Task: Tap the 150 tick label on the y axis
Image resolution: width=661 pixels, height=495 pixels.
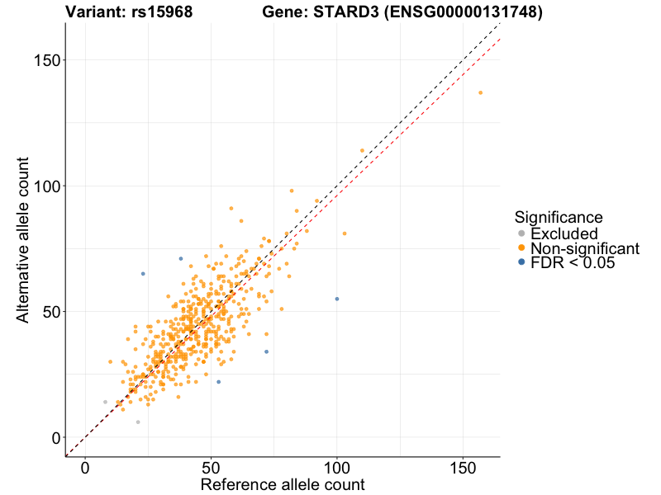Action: point(45,61)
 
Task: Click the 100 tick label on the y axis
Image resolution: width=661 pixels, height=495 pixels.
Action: point(45,186)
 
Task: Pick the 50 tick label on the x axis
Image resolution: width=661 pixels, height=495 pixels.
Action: point(211,468)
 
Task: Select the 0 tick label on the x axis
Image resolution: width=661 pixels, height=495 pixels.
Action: point(86,468)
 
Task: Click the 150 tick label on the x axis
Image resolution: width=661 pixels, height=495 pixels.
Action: point(462,468)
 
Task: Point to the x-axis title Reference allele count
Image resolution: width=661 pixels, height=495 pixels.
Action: point(283,484)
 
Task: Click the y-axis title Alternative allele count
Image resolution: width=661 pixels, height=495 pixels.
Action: point(24,239)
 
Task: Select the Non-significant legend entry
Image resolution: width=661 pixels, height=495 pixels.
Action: point(584,248)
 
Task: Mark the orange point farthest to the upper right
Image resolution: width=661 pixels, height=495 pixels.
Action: point(480,92)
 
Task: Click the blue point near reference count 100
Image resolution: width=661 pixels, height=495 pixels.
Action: point(337,299)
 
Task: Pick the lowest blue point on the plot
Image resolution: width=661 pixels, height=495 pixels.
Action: point(218,382)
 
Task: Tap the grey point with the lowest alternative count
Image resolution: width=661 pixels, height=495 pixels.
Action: point(138,422)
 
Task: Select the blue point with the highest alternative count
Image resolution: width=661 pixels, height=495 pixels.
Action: point(181,259)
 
